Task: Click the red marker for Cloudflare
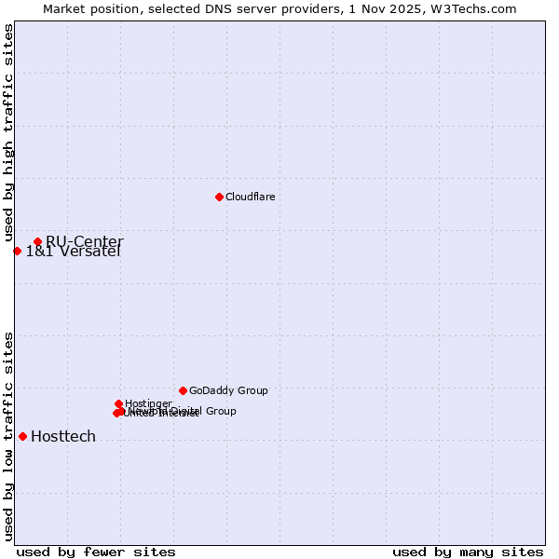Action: click(x=219, y=197)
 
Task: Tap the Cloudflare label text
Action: click(x=250, y=197)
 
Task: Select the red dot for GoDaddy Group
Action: click(x=183, y=390)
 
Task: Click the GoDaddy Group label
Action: click(x=228, y=390)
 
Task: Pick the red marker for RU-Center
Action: click(x=37, y=242)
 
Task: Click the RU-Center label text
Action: click(x=84, y=242)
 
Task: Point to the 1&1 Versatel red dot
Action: click(x=17, y=251)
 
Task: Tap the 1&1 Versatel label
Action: click(x=73, y=252)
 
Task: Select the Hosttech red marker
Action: click(x=22, y=436)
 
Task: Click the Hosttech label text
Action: click(x=63, y=436)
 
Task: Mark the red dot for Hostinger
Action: click(x=119, y=403)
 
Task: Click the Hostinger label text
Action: click(x=148, y=403)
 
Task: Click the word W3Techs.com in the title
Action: click(x=478, y=8)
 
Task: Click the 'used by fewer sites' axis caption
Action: click(x=96, y=552)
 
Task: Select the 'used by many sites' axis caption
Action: click(x=468, y=552)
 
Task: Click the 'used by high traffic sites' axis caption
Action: click(x=8, y=133)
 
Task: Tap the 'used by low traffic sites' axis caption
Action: click(x=8, y=435)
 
